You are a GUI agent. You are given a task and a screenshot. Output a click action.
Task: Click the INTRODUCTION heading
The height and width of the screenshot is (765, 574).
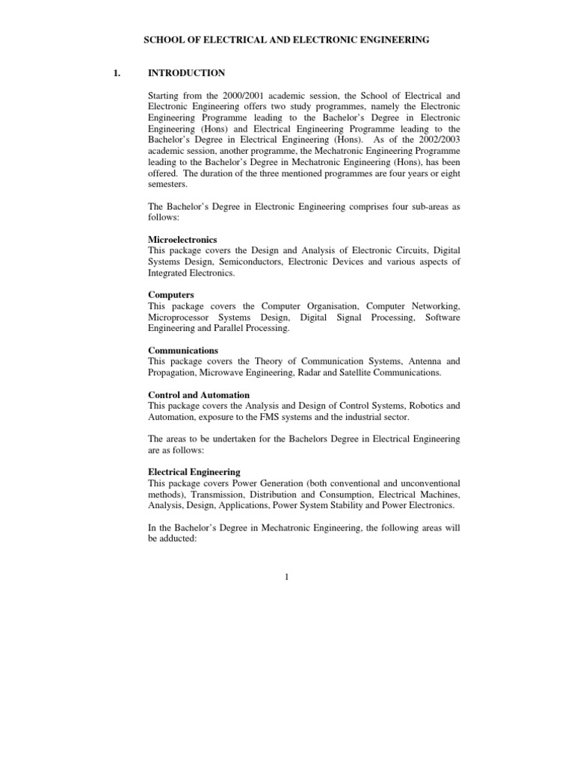pyautogui.click(x=186, y=73)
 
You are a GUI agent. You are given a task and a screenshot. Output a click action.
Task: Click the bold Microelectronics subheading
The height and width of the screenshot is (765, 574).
pyautogui.click(x=182, y=239)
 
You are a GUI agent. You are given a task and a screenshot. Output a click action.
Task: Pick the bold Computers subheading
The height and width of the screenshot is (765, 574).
pyautogui.click(x=171, y=295)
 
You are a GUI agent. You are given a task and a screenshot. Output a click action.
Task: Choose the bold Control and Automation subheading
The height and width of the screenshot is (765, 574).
pyautogui.click(x=199, y=394)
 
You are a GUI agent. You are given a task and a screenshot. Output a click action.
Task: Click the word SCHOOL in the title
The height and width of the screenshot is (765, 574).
pyautogui.click(x=162, y=40)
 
